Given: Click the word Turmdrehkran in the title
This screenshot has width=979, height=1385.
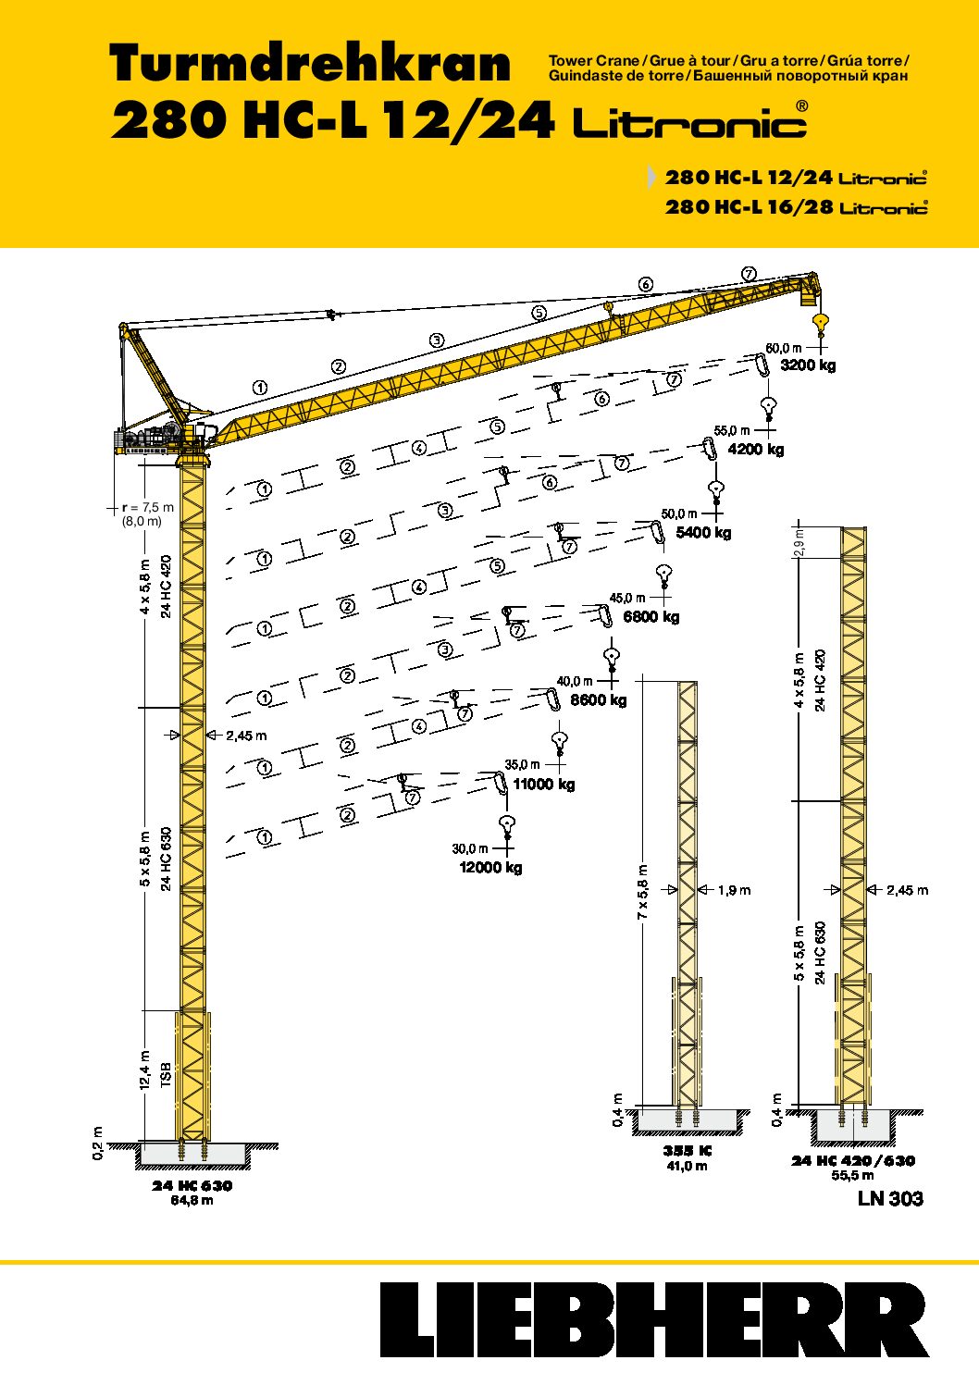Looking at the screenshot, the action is (x=310, y=63).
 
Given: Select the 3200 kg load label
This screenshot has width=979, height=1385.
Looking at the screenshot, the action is (x=808, y=365).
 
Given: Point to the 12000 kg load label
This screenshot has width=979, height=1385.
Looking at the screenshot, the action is (x=490, y=868).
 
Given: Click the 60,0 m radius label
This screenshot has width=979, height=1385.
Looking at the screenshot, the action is (x=784, y=348).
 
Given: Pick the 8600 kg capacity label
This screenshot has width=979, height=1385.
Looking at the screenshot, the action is (x=598, y=700).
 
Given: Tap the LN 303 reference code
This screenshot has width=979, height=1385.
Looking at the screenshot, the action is (x=890, y=1199).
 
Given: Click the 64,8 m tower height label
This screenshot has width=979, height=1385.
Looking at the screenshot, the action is (x=192, y=1200).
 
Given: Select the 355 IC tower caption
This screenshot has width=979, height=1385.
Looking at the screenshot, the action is (x=688, y=1151).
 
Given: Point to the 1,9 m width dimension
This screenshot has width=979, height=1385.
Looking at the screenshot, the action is (x=734, y=890).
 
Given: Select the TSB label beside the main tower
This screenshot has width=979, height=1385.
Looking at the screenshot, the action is (x=166, y=1077).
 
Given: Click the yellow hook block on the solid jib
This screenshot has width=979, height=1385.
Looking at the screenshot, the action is (x=821, y=322).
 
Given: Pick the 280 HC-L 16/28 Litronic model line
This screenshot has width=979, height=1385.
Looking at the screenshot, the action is (x=796, y=206).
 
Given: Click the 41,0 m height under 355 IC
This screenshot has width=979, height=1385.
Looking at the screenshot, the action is (x=688, y=1166).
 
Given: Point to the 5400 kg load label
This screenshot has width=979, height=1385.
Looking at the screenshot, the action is (x=704, y=532).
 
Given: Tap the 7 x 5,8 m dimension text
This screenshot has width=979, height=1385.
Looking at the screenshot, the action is (x=643, y=891).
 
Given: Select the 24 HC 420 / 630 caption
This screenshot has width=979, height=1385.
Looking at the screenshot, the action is (x=853, y=1161).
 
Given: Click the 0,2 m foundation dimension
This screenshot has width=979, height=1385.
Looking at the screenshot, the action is (x=98, y=1144).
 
